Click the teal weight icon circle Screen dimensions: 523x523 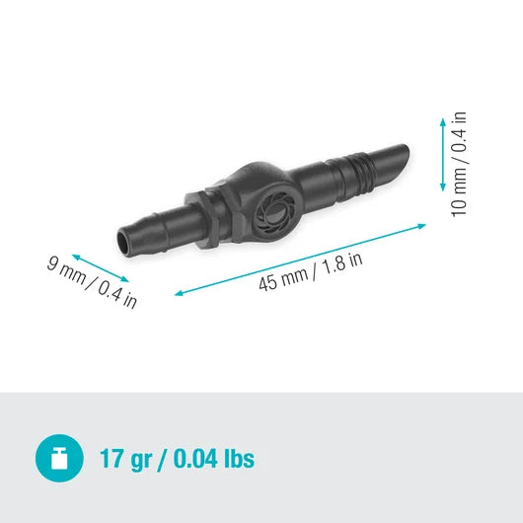[x=59, y=458]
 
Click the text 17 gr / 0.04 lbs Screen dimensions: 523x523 [x=177, y=459]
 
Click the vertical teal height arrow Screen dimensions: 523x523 [x=442, y=152]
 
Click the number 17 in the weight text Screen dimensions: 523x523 [x=112, y=459]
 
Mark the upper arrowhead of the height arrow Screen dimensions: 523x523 [x=442, y=116]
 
